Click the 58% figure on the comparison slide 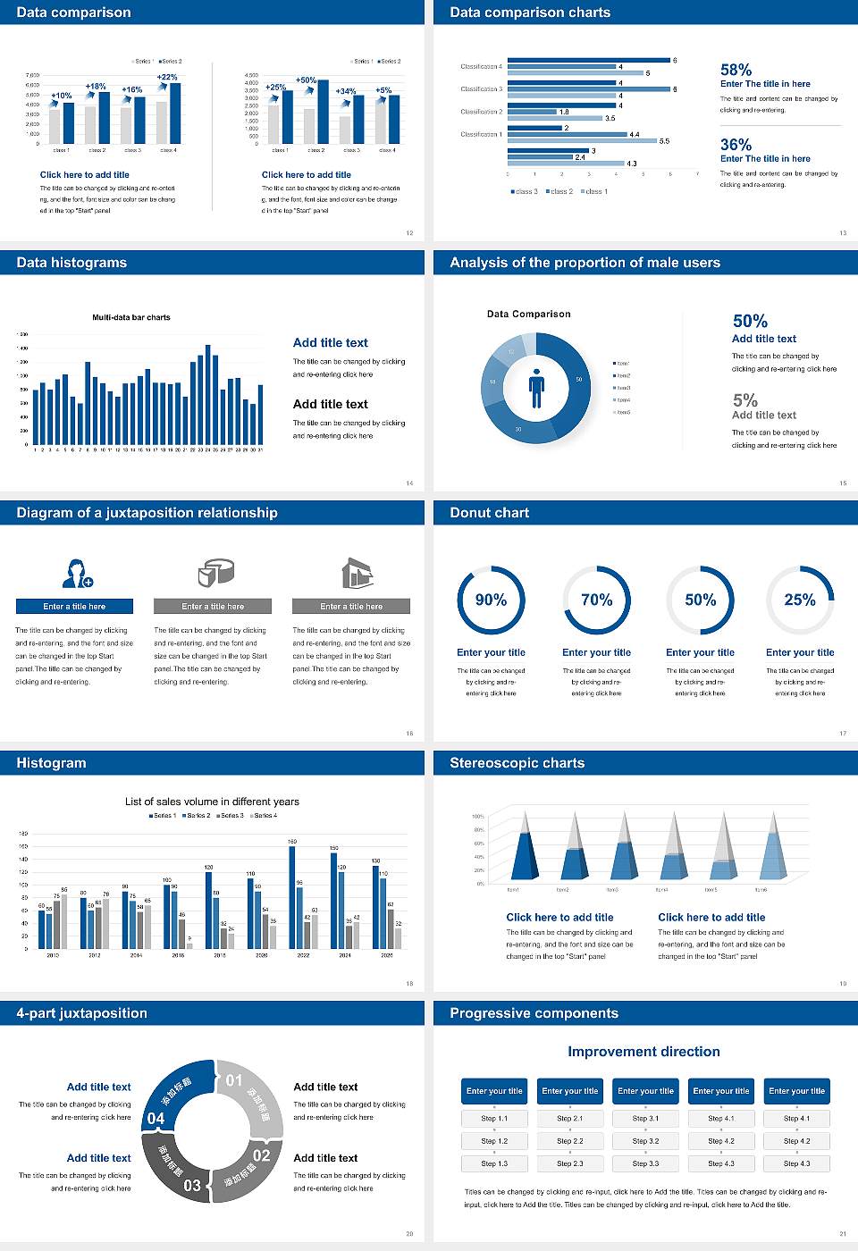tap(736, 70)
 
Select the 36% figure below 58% tap(736, 145)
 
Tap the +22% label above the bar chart tap(167, 78)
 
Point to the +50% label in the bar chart tap(306, 80)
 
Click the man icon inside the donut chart tap(536, 388)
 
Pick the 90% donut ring tap(491, 600)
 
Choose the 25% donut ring tap(800, 600)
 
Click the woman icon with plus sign tap(77, 573)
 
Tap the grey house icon tap(357, 573)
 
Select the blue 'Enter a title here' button tap(75, 607)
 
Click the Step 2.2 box tap(570, 1141)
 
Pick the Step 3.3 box tap(645, 1163)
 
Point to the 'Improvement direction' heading tap(643, 1052)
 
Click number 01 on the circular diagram tap(234, 1080)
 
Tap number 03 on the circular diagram tap(192, 1186)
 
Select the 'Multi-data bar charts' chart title tap(131, 317)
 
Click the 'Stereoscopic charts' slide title tap(517, 763)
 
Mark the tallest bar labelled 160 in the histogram tap(292, 896)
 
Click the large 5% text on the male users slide tap(744, 400)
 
